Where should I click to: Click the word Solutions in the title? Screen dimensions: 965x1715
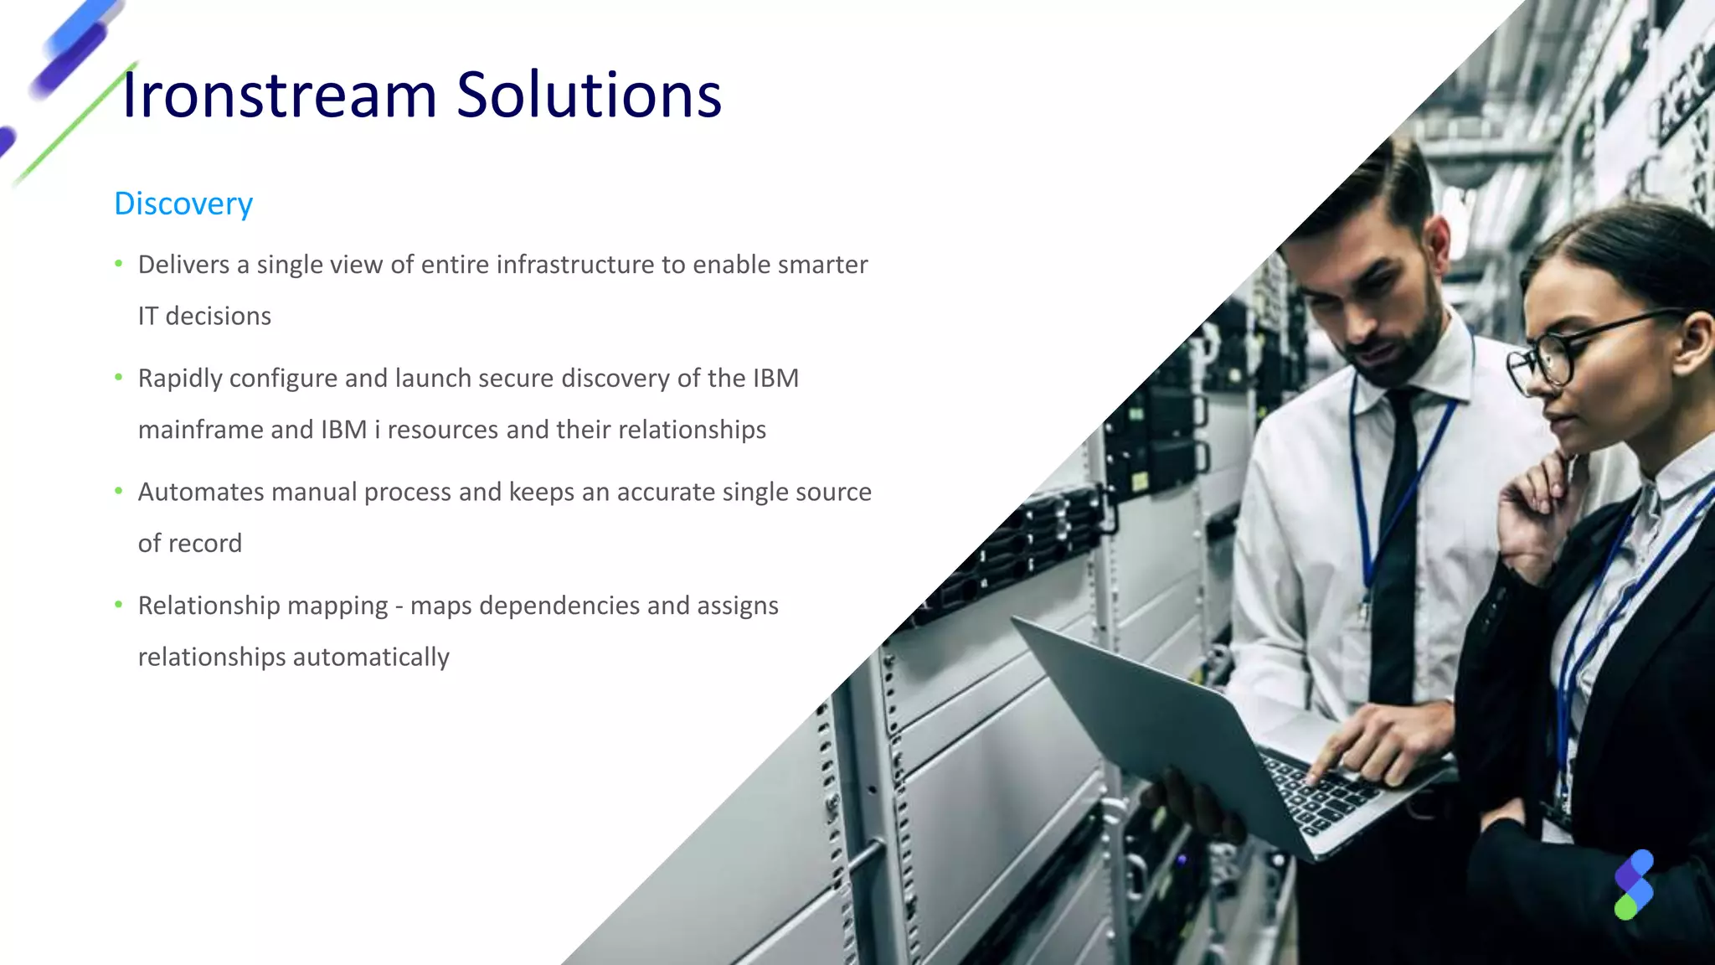pos(588,95)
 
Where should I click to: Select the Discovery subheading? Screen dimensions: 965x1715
pos(183,204)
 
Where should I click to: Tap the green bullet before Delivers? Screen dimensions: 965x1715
pos(119,264)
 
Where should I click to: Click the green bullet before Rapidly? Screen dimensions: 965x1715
pos(119,378)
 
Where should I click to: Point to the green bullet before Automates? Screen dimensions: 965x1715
pos(119,491)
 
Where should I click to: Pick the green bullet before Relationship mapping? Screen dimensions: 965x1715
pos(119,605)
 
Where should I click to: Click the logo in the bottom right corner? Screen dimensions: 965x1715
pos(1634,885)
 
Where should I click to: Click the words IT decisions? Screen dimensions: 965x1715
pos(204,317)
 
